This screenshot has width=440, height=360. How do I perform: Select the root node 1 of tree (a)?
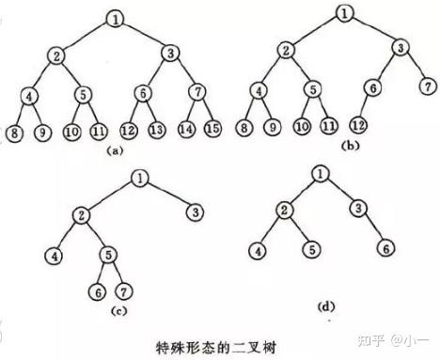(114, 18)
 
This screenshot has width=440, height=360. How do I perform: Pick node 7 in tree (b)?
(428, 86)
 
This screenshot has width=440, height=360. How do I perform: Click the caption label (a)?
(113, 149)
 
